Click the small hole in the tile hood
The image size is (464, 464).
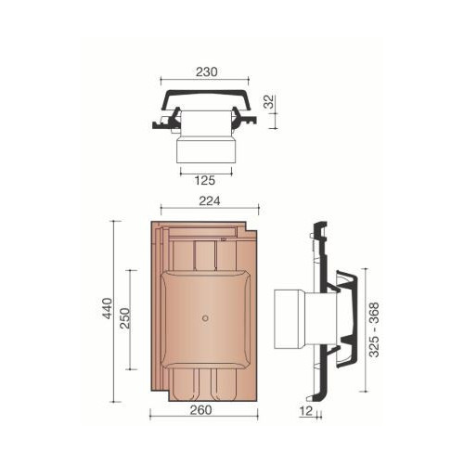(x=204, y=318)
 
